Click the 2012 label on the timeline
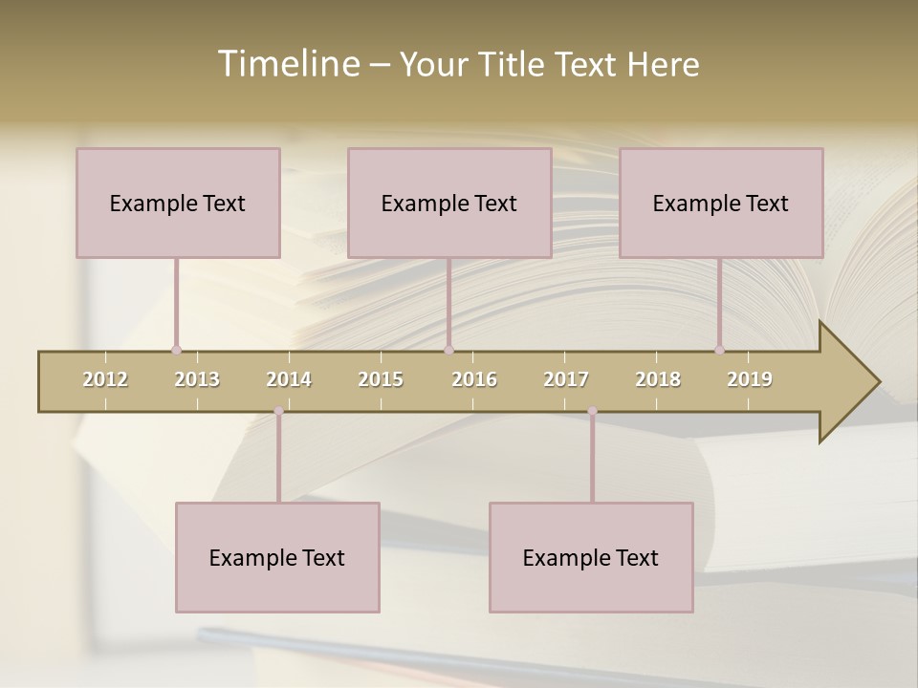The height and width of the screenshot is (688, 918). point(105,379)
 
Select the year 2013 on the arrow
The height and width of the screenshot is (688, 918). point(197,379)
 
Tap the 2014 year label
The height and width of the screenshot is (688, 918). point(289,379)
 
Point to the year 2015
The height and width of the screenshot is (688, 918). point(381,379)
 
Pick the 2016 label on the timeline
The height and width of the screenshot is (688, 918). point(474,379)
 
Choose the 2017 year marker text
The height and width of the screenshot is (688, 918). point(566,379)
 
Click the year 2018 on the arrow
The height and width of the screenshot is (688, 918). point(658,379)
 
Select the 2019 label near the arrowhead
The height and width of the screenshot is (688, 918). point(750,379)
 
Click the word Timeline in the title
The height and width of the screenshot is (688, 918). point(287,64)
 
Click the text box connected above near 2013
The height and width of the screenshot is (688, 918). point(178,203)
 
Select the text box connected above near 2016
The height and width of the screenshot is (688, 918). point(449,203)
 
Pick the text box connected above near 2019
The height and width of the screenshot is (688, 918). point(721,203)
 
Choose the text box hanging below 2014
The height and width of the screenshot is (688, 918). point(277,557)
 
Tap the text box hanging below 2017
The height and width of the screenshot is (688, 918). point(591,557)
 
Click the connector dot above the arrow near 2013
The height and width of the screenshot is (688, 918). point(176,350)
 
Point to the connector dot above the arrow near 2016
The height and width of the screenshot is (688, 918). point(448,350)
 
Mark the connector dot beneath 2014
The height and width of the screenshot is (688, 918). point(278,411)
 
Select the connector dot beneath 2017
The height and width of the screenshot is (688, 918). point(592,411)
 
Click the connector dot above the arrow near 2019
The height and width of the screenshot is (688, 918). point(719,350)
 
